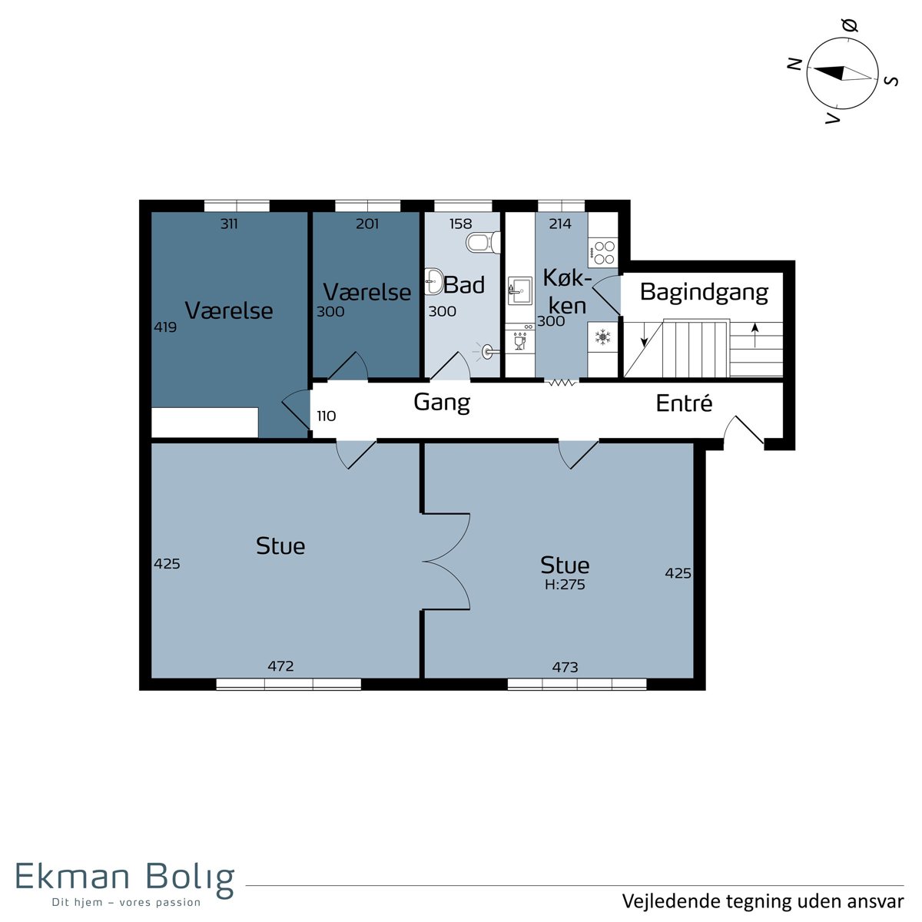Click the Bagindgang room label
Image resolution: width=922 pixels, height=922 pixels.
[704, 293]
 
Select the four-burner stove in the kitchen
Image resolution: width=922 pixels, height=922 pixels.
[603, 253]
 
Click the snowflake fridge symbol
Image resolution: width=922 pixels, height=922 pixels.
[602, 337]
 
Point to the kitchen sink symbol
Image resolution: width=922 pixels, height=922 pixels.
[520, 290]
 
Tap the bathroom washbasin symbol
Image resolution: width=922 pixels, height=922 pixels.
[434, 281]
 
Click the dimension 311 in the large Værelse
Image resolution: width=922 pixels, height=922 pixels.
[229, 224]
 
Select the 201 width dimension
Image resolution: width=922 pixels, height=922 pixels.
[367, 224]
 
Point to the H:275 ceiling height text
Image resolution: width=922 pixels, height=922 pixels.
[565, 584]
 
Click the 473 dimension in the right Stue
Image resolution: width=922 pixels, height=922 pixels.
[565, 667]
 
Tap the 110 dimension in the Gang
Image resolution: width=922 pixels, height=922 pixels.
[327, 416]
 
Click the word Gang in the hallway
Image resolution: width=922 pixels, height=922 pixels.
[442, 403]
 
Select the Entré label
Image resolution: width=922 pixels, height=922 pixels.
[684, 403]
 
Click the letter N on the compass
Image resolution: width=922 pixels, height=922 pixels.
[794, 64]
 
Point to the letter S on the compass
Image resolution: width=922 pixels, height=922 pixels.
[892, 81]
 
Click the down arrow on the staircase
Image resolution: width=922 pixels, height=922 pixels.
[644, 334]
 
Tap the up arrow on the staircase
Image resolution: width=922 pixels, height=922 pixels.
[755, 335]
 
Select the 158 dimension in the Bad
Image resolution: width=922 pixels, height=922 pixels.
[460, 224]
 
